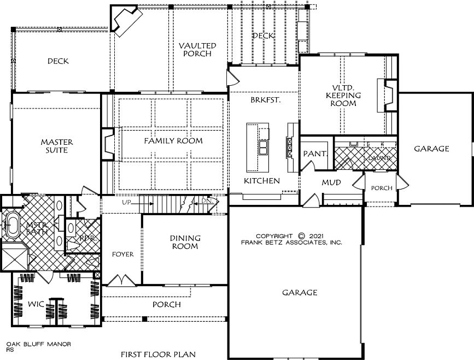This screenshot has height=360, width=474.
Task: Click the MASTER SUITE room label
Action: (x=57, y=146)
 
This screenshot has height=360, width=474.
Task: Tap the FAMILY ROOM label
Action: (x=173, y=141)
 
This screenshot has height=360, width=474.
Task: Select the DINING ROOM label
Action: (x=185, y=242)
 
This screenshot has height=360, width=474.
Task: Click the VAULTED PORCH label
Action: (x=197, y=50)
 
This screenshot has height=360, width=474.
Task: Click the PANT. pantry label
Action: (x=315, y=154)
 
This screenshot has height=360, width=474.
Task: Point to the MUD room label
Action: (x=331, y=182)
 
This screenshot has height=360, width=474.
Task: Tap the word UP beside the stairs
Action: (x=126, y=203)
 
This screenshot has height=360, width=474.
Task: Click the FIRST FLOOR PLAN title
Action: (x=157, y=354)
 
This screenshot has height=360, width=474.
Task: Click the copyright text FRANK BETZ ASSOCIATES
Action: (x=292, y=242)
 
